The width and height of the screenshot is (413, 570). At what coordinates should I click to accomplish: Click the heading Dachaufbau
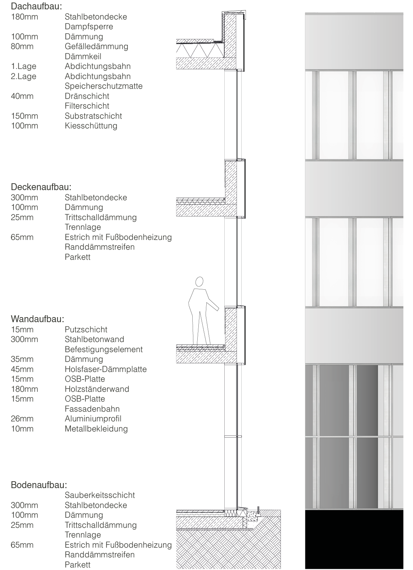click(36, 6)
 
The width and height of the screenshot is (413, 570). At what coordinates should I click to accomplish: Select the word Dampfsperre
click(89, 27)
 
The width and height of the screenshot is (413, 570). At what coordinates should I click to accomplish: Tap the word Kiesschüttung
click(91, 126)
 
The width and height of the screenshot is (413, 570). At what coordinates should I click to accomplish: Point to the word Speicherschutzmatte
click(103, 86)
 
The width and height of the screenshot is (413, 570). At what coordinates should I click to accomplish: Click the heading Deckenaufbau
click(41, 187)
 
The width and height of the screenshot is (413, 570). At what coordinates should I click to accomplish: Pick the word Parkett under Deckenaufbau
click(77, 257)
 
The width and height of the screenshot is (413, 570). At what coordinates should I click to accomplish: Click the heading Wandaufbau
click(37, 319)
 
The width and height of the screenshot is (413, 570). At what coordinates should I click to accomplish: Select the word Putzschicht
click(86, 330)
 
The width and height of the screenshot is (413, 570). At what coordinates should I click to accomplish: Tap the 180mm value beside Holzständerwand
click(24, 389)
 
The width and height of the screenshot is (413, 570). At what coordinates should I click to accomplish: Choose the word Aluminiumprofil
click(93, 419)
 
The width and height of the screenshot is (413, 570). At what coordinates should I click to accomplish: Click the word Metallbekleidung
click(96, 429)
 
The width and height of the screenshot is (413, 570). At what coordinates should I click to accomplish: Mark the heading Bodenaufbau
click(39, 485)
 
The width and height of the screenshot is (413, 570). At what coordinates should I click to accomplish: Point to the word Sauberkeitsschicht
click(100, 495)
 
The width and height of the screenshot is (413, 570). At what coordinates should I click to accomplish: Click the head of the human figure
click(199, 281)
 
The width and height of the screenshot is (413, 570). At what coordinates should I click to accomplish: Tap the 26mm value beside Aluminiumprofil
click(22, 419)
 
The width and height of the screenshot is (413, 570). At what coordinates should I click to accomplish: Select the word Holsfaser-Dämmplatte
click(106, 369)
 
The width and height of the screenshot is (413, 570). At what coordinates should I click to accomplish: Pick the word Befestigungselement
click(103, 350)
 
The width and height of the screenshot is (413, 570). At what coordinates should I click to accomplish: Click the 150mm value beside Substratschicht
click(24, 116)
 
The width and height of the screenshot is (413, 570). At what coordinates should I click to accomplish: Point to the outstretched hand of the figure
click(217, 309)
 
